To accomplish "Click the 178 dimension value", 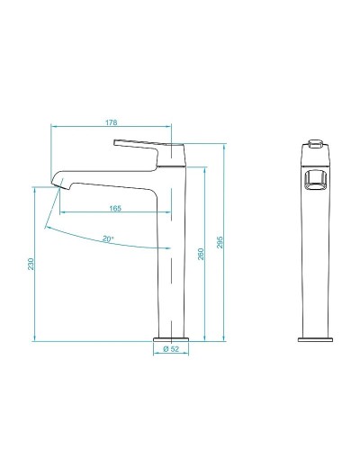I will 109,123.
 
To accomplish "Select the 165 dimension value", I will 116,209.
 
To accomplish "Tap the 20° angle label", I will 108,239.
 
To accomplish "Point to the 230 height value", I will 31,264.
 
